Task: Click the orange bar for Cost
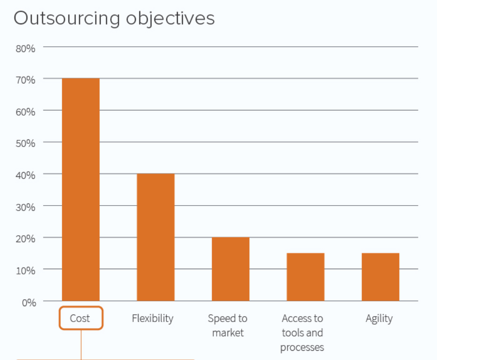(81, 190)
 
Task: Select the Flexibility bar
(156, 237)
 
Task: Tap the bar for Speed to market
(231, 269)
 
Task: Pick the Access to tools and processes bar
(306, 277)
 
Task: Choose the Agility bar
(381, 277)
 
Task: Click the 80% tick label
(26, 49)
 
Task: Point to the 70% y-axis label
(26, 80)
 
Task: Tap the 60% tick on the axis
(26, 112)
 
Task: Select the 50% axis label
(26, 144)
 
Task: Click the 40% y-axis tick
(26, 176)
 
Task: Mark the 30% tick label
(26, 207)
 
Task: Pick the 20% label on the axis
(26, 239)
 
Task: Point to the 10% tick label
(26, 271)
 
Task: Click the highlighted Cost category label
(81, 319)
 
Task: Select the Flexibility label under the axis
(153, 319)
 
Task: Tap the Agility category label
(379, 319)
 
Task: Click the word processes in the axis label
(302, 347)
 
